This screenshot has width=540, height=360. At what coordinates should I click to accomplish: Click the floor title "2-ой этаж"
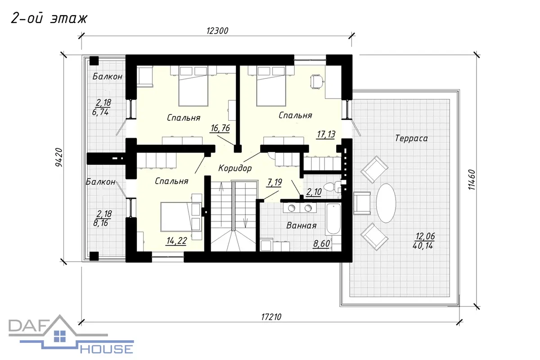[x=49, y=18]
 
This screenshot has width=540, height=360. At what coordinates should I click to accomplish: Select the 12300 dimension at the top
[x=217, y=31]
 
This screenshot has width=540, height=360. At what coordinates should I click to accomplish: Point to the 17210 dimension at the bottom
[x=271, y=317]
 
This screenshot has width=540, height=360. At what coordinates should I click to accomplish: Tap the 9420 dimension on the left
[x=59, y=157]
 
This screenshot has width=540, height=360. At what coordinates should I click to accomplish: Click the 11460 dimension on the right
[x=472, y=180]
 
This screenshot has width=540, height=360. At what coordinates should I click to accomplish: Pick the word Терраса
[x=411, y=139]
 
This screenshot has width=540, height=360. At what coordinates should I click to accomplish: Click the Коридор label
[x=235, y=168]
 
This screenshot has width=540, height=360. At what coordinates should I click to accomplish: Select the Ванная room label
[x=301, y=225]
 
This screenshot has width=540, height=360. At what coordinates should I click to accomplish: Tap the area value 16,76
[x=220, y=128]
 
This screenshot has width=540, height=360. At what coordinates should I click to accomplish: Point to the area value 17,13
[x=326, y=134]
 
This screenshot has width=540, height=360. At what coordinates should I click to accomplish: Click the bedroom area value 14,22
[x=176, y=241]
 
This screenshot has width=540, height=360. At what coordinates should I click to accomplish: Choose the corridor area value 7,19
[x=274, y=182]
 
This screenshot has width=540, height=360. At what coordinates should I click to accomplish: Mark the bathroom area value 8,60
[x=321, y=244]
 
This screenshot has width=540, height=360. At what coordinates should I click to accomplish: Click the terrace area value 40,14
[x=423, y=246]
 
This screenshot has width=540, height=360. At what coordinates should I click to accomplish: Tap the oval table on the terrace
[x=386, y=203]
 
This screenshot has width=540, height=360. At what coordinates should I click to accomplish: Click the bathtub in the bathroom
[x=333, y=219]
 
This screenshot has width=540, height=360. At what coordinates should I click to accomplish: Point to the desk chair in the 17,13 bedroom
[x=317, y=82]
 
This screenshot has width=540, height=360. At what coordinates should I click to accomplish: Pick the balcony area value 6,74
[x=100, y=112]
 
